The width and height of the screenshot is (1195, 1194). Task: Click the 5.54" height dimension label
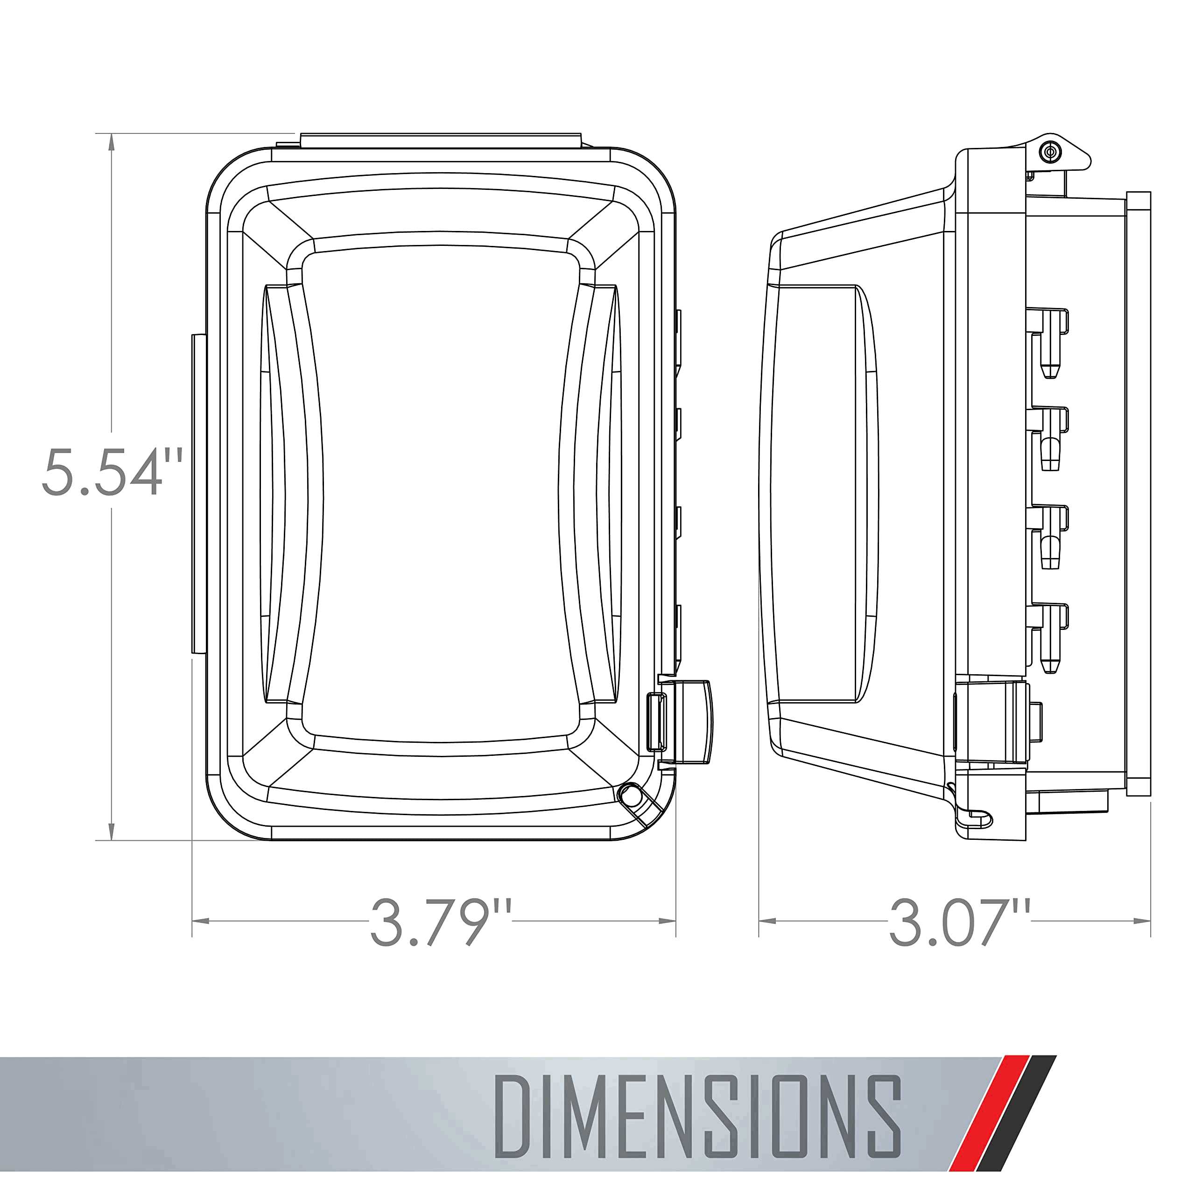pos(112,473)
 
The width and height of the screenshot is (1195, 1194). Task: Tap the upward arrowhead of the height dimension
pos(112,143)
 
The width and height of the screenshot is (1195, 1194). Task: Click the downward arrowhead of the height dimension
pos(112,831)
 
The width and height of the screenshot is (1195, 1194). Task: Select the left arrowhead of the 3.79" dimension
pos(201,921)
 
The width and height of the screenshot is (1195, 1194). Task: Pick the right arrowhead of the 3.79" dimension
pos(668,921)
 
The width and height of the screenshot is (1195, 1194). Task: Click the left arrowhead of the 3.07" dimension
pos(767,921)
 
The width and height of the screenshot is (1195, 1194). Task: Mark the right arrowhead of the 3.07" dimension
pos(1142,921)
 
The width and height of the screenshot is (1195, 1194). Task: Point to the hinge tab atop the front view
pos(440,140)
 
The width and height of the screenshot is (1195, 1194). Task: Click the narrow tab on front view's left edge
pos(198,495)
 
